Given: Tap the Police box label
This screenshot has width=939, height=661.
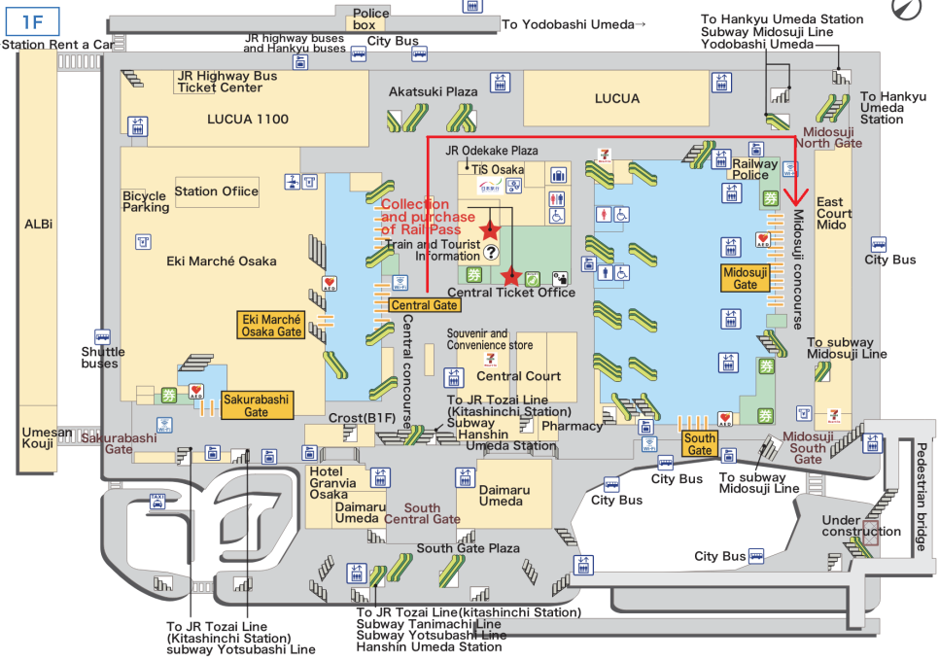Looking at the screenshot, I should click(370, 18).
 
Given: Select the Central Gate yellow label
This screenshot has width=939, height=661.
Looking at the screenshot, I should click(424, 305).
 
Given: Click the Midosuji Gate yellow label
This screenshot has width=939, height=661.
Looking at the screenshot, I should click(745, 278).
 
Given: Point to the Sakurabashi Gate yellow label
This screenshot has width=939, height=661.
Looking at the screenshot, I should click(258, 405).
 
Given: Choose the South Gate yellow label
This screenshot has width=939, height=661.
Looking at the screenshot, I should click(699, 444).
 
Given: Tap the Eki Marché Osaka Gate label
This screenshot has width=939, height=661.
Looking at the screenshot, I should click(272, 326).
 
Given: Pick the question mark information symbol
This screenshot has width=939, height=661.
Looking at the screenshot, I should click(490, 252).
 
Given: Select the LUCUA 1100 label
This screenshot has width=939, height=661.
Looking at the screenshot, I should click(248, 120).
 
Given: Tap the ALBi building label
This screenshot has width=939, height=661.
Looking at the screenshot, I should click(38, 225).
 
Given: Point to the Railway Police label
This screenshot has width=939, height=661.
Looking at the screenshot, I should click(755, 169).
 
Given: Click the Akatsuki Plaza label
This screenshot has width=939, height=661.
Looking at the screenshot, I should click(434, 91).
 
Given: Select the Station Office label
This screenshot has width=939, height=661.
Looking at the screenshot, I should click(217, 191).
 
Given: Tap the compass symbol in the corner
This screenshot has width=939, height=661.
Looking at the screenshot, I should click(904, 11).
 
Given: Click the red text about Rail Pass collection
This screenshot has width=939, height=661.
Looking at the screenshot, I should click(421, 217).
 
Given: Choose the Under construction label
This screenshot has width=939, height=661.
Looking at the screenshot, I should click(861, 526).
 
